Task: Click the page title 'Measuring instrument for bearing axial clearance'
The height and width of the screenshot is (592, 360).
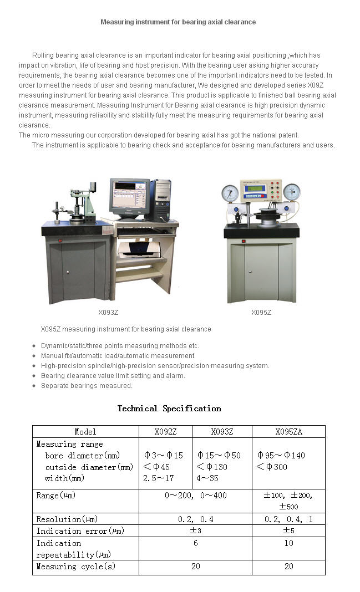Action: (178, 22)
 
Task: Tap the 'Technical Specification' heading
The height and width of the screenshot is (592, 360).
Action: (169, 409)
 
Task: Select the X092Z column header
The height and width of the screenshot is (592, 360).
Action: (165, 432)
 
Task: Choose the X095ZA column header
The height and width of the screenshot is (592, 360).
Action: (288, 432)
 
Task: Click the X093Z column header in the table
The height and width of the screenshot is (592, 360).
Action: (222, 432)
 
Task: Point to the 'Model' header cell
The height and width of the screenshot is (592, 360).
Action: (85, 432)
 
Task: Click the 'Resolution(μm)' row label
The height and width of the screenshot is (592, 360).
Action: (67, 519)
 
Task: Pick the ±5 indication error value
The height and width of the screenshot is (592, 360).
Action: (288, 530)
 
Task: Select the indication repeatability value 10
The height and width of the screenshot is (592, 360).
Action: (288, 544)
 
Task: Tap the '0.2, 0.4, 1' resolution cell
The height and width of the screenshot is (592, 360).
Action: (288, 519)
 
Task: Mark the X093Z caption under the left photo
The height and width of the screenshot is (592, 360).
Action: (108, 313)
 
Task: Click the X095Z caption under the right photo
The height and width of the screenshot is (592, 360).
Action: (261, 313)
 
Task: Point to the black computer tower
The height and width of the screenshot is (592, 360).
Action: (161, 200)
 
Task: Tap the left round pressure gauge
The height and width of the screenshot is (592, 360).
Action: (230, 193)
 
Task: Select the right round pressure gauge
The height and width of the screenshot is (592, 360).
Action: (291, 192)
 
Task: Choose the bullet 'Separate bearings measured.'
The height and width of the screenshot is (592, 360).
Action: (87, 386)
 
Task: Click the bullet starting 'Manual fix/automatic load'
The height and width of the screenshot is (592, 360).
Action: (118, 356)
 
